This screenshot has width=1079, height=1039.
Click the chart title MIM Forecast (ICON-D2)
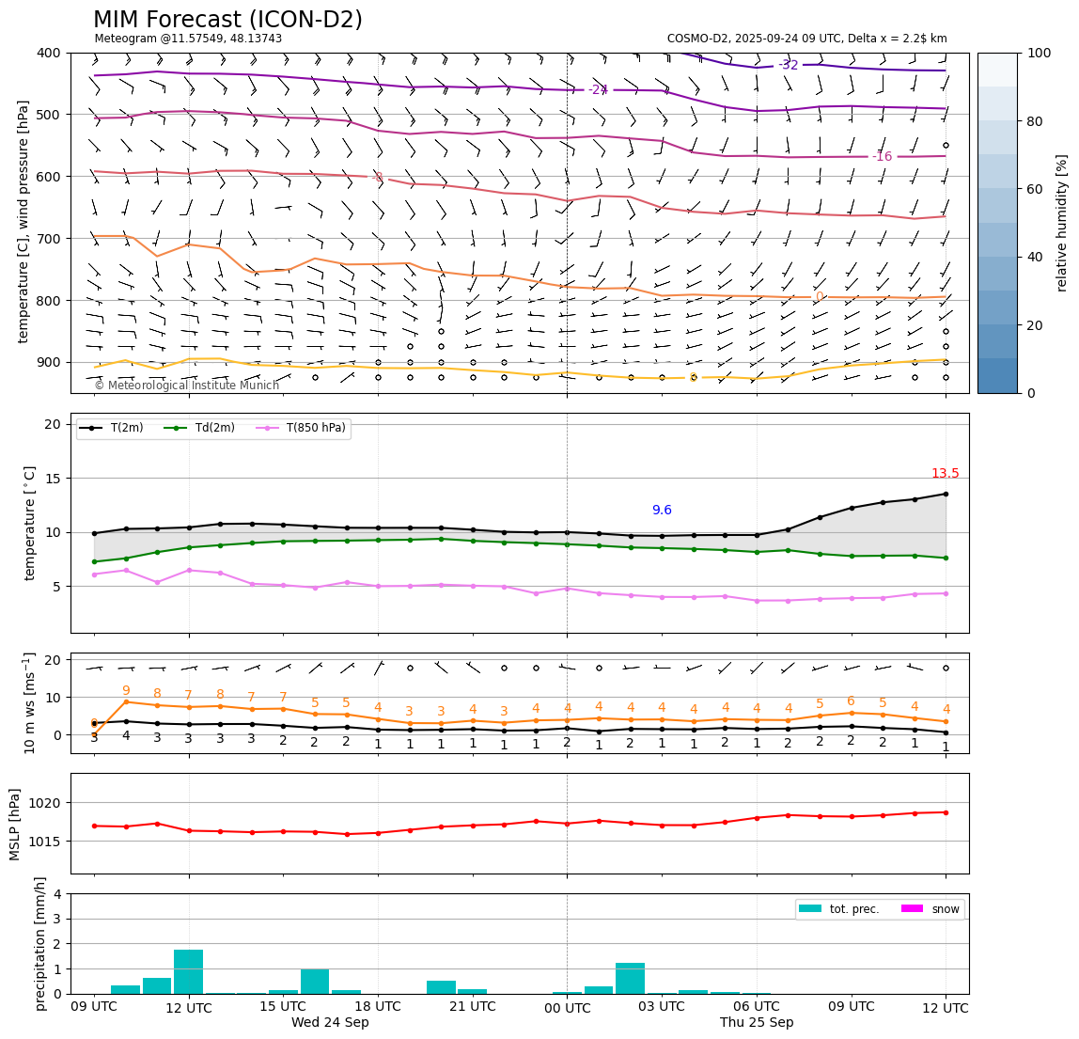(x=227, y=20)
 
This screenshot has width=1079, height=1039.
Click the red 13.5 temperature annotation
(x=945, y=474)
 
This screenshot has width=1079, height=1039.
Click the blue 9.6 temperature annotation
(x=662, y=511)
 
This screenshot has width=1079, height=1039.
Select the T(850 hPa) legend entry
(x=316, y=428)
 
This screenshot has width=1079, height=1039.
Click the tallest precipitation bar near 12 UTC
(x=188, y=971)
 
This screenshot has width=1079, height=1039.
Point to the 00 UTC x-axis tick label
(x=567, y=1007)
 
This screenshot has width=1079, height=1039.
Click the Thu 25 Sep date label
(x=757, y=1023)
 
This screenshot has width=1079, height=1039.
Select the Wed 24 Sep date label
(x=330, y=1023)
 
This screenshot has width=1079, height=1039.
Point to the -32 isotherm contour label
(x=788, y=65)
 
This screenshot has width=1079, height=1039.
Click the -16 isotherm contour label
(x=882, y=156)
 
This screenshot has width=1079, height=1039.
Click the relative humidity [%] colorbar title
(x=1062, y=223)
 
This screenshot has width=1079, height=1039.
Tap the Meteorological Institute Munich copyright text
(x=187, y=386)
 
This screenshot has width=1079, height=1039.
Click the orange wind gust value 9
(x=126, y=691)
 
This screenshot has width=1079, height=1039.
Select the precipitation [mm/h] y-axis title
(x=40, y=943)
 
